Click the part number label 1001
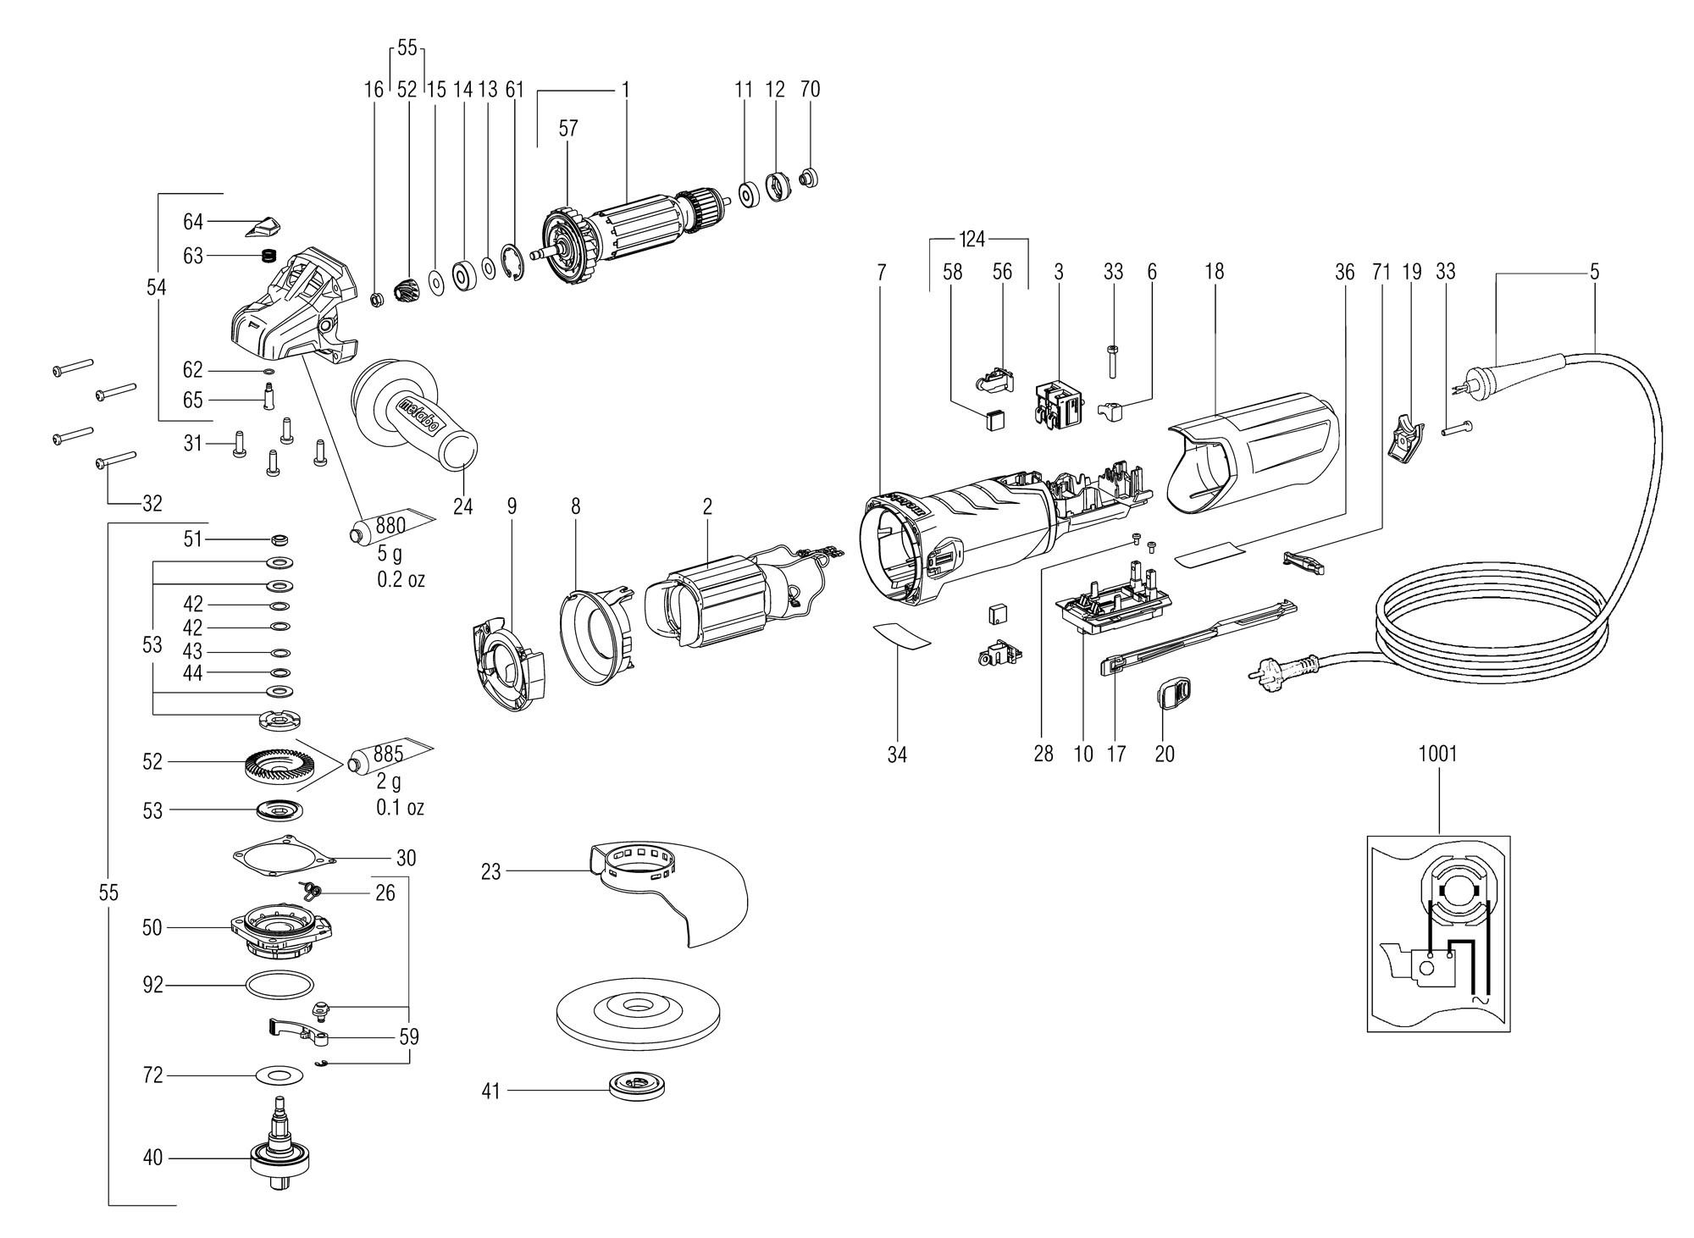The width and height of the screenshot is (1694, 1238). [1438, 753]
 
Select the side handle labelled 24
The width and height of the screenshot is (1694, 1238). [415, 412]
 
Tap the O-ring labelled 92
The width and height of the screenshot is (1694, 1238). [279, 987]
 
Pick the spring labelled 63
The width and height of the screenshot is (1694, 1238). [270, 254]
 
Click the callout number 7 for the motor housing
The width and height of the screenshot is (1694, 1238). [882, 272]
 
